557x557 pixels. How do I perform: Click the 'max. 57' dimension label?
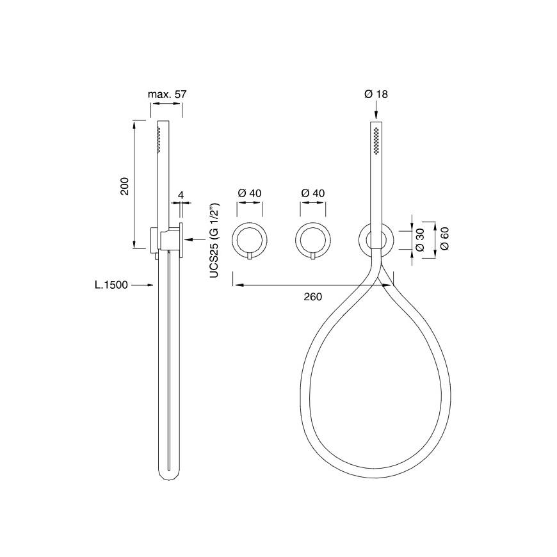point(167,94)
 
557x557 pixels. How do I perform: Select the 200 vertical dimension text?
point(125,186)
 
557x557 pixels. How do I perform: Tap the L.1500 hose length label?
point(111,284)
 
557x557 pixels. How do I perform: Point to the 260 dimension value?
point(312,296)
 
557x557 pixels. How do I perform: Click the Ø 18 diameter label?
point(376,94)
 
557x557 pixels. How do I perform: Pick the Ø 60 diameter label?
point(444,239)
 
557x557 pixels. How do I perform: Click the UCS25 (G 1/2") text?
point(214,241)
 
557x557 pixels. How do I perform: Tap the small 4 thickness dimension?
point(181,195)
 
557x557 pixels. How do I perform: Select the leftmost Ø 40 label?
point(250,193)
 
